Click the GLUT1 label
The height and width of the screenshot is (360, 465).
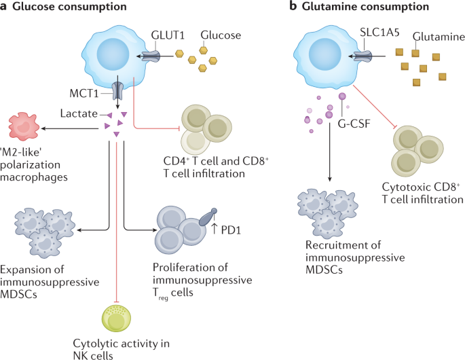coord(168,35)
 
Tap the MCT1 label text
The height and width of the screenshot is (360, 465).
coord(84,93)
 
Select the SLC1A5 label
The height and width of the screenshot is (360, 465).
coord(379,32)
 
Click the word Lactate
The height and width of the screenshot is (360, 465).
coord(79,113)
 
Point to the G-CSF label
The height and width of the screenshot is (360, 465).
coord(354,124)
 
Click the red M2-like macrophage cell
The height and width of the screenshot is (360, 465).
coord(24,126)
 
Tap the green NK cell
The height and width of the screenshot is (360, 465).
coord(116,318)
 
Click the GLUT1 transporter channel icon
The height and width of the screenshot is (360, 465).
coord(151,56)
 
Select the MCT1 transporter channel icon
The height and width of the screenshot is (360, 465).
coord(117,92)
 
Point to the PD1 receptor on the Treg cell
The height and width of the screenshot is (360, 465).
coord(208,217)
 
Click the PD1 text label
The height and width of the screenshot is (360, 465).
coord(231,230)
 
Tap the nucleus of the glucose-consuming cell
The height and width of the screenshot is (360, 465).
coord(113,54)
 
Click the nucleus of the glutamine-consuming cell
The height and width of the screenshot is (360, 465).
coord(325,54)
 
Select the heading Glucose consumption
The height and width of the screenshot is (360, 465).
coord(69,6)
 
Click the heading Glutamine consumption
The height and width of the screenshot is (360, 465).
coord(365,6)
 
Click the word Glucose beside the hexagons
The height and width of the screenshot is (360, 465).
coord(221,35)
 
